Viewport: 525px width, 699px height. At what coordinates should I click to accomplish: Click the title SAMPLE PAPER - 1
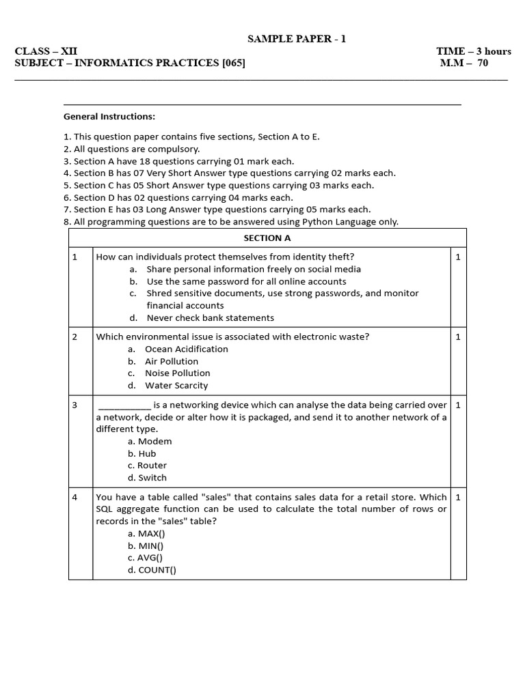click(297, 39)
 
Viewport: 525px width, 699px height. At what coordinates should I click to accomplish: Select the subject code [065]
click(230, 63)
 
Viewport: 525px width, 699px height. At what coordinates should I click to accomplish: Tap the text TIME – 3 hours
click(474, 51)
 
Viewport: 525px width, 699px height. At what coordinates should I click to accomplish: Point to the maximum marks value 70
click(483, 63)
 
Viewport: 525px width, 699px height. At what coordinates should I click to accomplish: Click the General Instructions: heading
click(109, 117)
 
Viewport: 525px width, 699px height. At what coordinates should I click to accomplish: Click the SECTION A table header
click(267, 238)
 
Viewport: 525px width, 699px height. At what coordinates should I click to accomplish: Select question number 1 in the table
click(75, 257)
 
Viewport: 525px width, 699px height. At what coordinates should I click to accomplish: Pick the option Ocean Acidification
click(187, 349)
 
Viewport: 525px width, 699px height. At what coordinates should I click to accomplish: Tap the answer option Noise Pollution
click(177, 373)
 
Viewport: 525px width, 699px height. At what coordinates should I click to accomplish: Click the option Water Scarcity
click(176, 386)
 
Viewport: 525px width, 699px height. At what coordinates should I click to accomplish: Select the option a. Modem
click(150, 442)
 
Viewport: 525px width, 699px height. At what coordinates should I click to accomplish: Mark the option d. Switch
click(147, 478)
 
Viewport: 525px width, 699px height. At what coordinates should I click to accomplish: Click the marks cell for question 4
click(458, 497)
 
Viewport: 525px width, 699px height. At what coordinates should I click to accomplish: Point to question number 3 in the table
click(75, 405)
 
